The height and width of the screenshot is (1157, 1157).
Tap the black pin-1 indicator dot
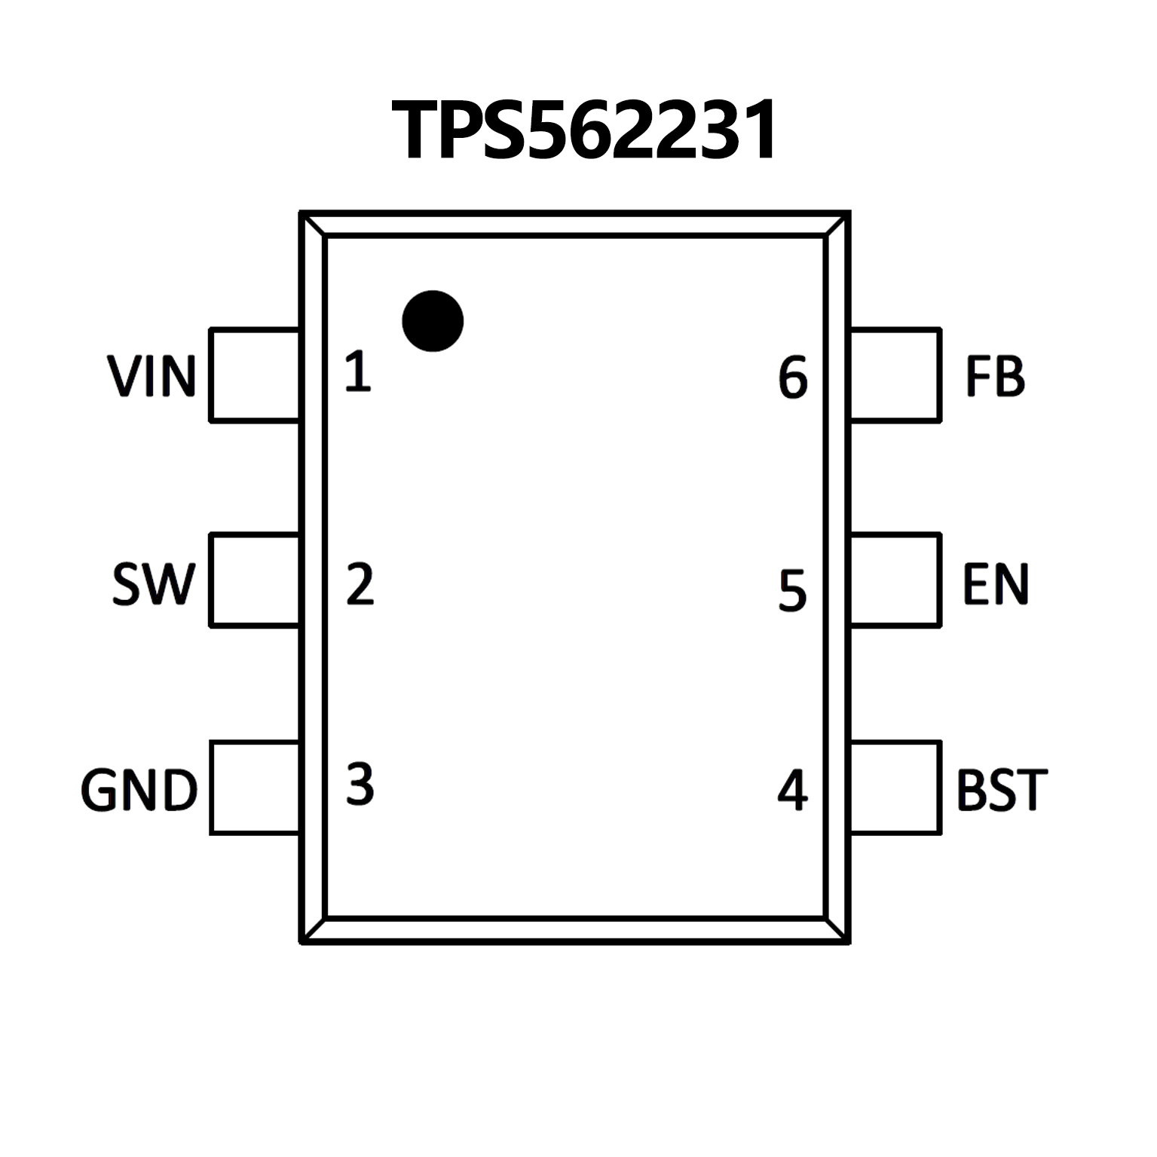coord(433,321)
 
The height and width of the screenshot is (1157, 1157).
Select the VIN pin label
coord(152,376)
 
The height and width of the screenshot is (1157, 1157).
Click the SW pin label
coord(154,583)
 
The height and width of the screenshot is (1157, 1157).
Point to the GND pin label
coord(139,790)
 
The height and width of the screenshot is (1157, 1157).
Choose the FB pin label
coord(995,376)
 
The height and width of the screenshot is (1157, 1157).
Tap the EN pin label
coord(996,583)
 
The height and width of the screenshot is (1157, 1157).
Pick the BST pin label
coord(1002,790)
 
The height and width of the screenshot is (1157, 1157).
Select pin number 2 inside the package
coord(360,584)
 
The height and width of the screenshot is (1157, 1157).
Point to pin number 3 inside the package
coord(360,784)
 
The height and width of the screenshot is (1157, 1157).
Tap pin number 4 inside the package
coord(792,790)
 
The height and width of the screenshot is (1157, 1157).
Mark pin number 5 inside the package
coord(792,590)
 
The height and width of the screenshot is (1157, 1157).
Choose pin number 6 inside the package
coord(793,378)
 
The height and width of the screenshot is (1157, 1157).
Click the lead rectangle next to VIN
coord(255,375)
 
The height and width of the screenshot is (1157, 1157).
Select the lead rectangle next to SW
coord(255,580)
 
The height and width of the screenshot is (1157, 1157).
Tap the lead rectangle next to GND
coord(255,788)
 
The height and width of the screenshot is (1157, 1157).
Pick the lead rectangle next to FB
coord(895,375)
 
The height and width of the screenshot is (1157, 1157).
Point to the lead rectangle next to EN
coord(895,580)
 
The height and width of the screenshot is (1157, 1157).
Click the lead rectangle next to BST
coord(895,788)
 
